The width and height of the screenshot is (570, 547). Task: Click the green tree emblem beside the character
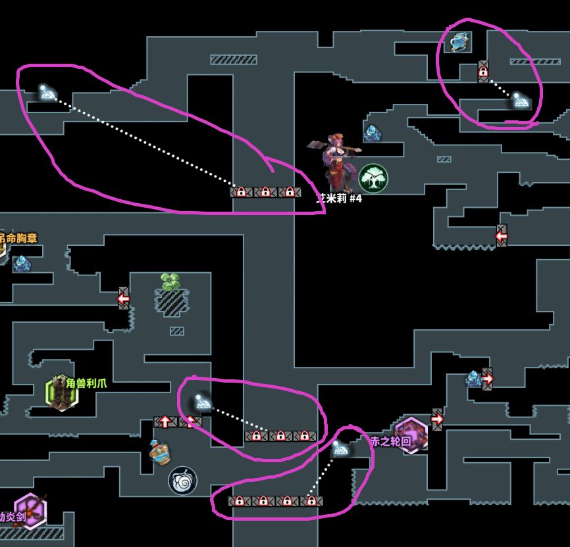373,178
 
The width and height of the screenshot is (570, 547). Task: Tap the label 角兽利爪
86,383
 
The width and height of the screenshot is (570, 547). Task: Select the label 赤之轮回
391,441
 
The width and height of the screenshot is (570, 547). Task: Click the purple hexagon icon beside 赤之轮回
412,435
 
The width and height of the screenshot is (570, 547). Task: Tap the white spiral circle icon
182,481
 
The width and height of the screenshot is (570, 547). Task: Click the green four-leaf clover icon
171,282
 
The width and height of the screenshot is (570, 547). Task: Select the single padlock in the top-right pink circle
483,72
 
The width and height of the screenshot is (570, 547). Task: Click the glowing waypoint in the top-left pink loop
45,92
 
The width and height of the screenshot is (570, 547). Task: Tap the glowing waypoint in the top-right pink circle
520,101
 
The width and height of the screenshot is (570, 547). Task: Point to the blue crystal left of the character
373,133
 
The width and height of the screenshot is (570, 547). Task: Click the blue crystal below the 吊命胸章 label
22,264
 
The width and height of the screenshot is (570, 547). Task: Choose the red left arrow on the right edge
502,235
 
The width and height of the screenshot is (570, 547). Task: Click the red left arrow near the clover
124,298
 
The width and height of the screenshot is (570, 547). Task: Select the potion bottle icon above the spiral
159,451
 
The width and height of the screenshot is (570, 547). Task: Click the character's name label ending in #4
340,199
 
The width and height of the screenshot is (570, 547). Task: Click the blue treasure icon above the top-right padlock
458,43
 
